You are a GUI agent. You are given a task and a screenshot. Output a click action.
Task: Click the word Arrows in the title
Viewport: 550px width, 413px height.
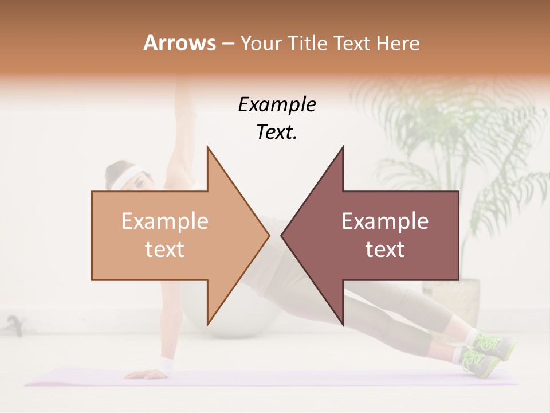point(179,43)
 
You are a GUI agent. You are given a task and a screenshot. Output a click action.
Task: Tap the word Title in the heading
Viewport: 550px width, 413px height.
point(308,43)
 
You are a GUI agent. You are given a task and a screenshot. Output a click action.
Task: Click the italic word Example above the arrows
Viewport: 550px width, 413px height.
point(277,105)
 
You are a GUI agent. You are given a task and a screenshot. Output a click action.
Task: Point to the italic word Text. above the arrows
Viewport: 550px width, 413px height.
point(277,133)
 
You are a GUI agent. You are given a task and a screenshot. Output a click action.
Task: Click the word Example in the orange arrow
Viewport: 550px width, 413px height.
point(165,221)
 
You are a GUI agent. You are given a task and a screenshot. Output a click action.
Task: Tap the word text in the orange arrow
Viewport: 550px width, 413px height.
point(165,250)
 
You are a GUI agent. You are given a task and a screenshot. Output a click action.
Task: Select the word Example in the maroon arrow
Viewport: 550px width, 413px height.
point(385,221)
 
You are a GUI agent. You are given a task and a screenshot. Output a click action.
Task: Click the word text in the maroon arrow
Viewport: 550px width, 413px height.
point(385,250)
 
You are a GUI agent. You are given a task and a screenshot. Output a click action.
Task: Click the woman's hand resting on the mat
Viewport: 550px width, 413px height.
point(140,375)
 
